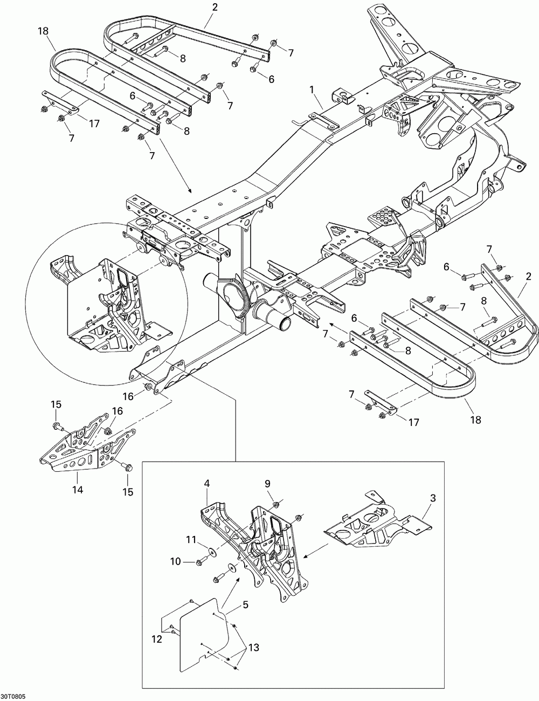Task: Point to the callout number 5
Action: click(245, 605)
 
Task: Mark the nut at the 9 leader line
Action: click(275, 504)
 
